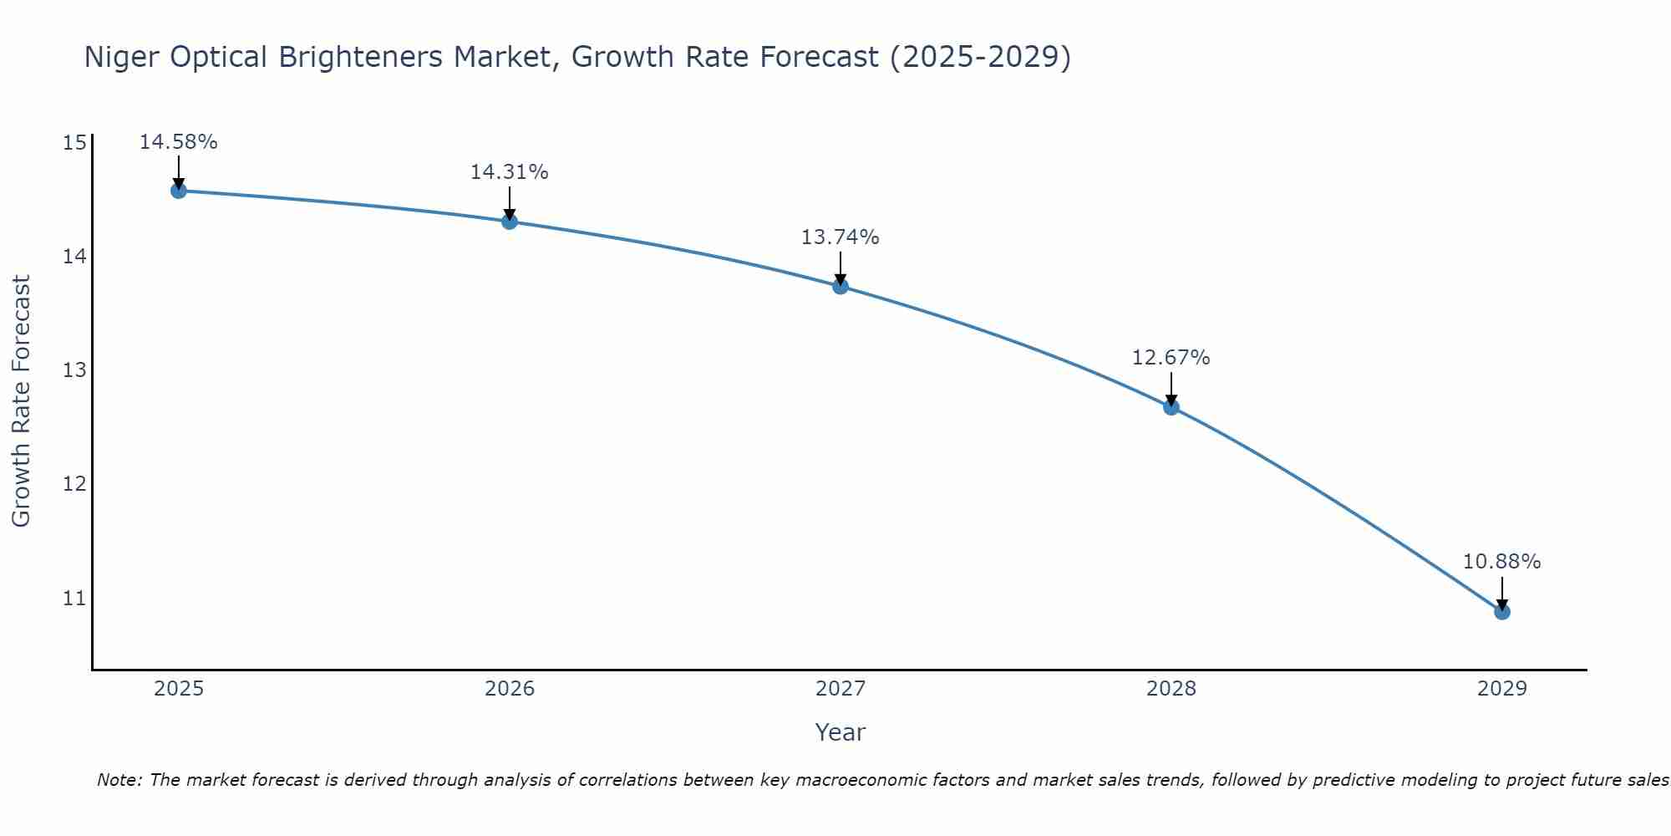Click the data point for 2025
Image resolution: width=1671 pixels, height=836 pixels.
[x=179, y=191]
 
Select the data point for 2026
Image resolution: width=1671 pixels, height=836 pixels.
[x=510, y=222]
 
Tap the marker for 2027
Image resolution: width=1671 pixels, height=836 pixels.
[x=841, y=287]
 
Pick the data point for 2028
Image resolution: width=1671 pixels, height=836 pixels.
[x=1171, y=407]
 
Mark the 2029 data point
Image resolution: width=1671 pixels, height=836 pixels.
[x=1502, y=612]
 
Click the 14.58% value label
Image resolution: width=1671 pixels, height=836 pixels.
[x=178, y=142]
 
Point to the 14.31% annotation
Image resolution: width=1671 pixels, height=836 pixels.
[x=509, y=172]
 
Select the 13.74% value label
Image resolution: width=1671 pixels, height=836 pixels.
[x=840, y=237]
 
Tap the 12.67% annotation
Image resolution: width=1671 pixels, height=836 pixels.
[x=1171, y=358]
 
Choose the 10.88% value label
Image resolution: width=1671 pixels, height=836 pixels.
[x=1501, y=562]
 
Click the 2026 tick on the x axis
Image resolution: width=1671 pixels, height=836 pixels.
[x=510, y=689]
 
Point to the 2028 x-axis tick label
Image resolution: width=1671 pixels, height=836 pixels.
[x=1171, y=689]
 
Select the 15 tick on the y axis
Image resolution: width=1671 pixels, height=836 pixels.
[x=75, y=143]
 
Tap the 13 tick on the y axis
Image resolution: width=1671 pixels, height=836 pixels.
[x=75, y=370]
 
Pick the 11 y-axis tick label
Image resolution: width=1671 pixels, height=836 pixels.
[x=75, y=598]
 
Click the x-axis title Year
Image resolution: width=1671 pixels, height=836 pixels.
[x=840, y=732]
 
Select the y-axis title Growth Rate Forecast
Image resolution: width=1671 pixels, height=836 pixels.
[x=22, y=401]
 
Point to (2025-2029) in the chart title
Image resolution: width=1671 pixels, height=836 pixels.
[x=980, y=57]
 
